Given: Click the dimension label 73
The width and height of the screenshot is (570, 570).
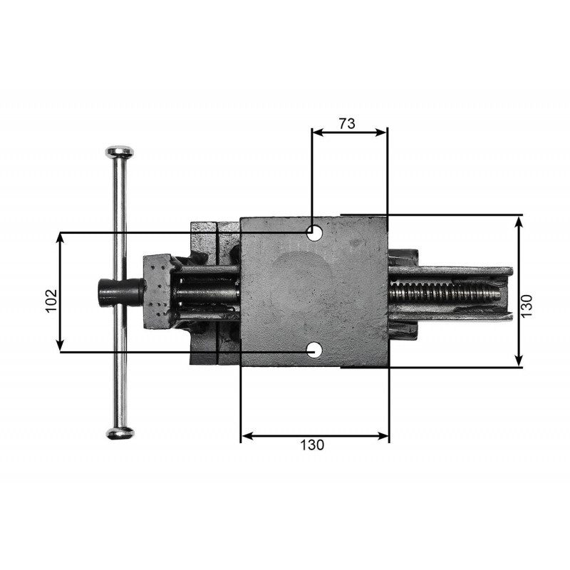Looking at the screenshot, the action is click(x=347, y=123).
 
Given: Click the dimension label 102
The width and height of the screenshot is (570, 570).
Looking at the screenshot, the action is click(x=51, y=300).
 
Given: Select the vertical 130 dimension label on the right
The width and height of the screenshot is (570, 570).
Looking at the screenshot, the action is click(x=527, y=306).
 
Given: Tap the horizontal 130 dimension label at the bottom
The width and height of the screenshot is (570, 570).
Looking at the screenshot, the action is click(x=312, y=445).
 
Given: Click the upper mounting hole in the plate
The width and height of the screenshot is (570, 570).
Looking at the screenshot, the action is click(x=315, y=233).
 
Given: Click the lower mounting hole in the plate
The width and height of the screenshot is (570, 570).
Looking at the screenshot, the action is click(x=315, y=351).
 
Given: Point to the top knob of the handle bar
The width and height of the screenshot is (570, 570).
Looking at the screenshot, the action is click(x=120, y=151).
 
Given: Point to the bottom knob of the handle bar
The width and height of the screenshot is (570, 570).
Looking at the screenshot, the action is click(x=120, y=433).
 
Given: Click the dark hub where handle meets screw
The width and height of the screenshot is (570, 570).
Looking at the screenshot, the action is click(x=120, y=293).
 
